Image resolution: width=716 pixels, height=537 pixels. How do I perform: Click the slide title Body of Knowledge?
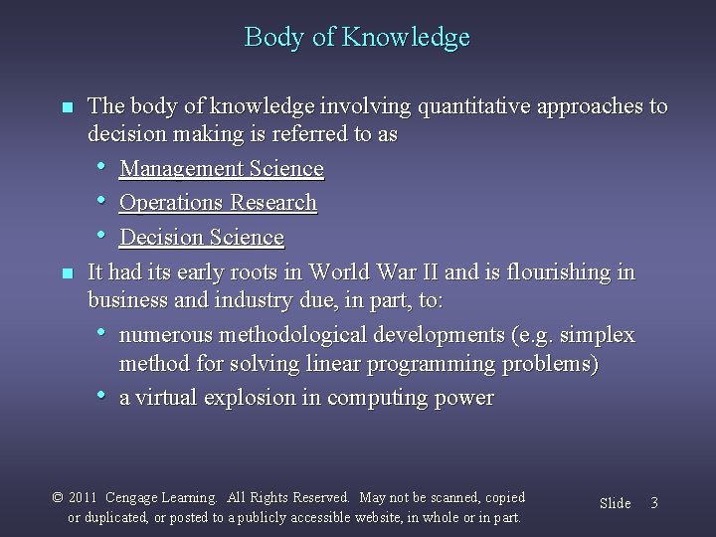357,38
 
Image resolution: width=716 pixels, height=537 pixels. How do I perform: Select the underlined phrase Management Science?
221,169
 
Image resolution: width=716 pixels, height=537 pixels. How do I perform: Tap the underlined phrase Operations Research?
218,203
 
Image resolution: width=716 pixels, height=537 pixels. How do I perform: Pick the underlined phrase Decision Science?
201,238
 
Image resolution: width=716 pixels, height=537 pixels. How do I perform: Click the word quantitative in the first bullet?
461,106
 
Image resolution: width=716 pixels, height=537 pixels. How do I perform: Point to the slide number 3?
653,503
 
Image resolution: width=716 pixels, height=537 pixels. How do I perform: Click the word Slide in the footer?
615,503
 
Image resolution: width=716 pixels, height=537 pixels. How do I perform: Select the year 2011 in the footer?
84,497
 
